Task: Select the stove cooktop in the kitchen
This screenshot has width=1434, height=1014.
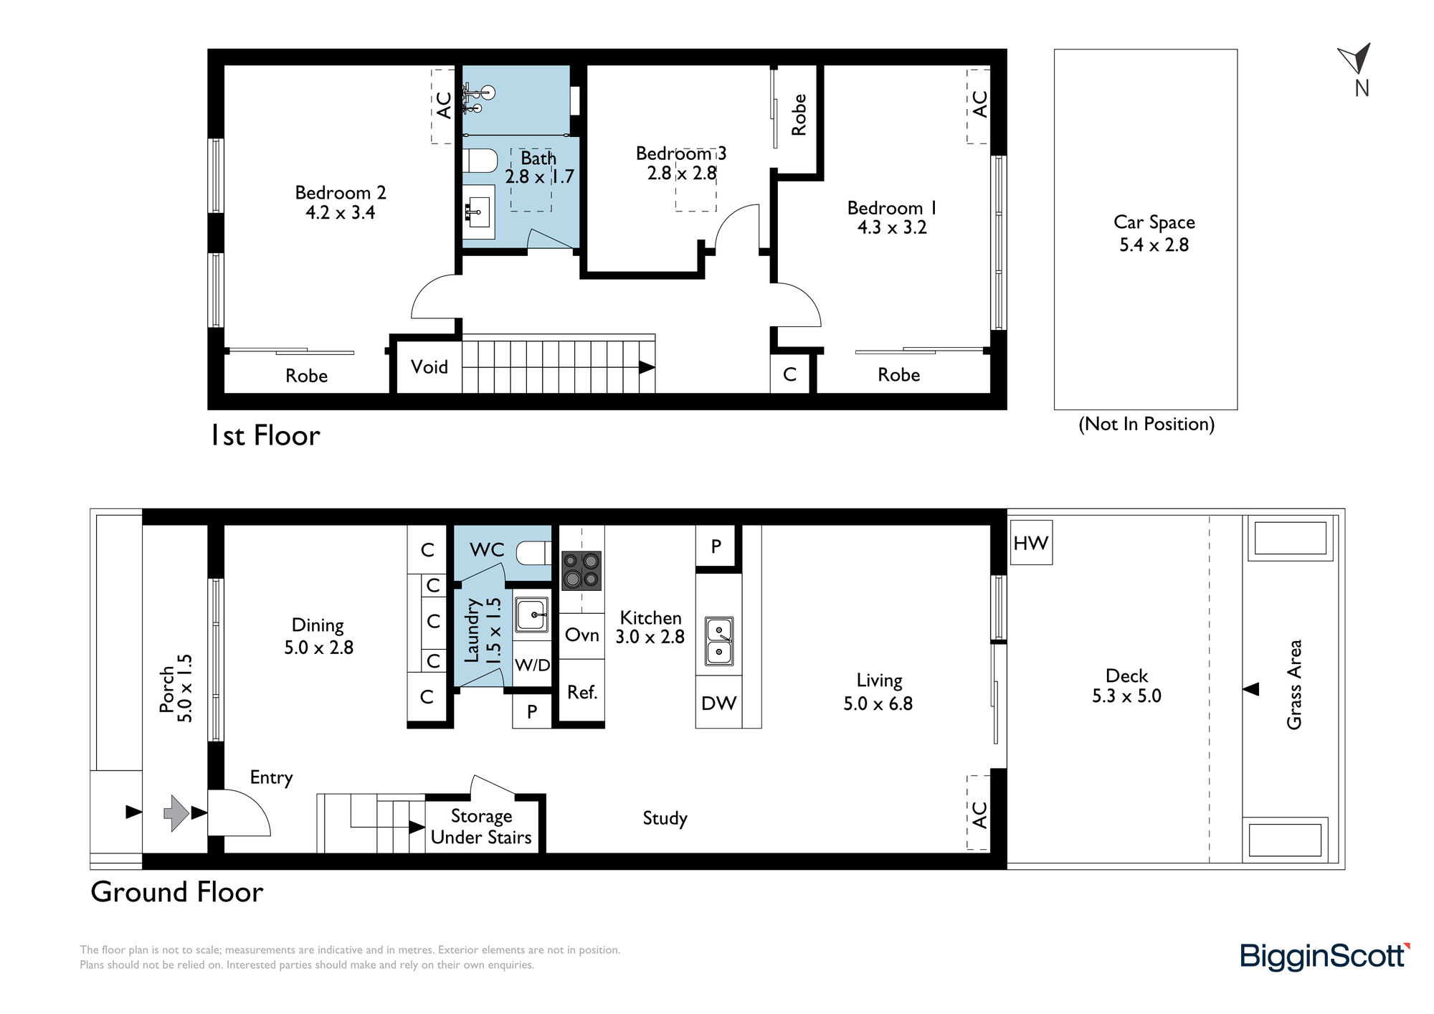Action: click(x=581, y=570)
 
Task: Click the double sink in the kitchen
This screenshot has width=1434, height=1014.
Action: click(x=718, y=640)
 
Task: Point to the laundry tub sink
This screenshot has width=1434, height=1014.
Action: click(x=531, y=615)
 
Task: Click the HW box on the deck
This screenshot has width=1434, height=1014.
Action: click(x=1031, y=543)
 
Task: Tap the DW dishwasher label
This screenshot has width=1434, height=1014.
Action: click(x=718, y=703)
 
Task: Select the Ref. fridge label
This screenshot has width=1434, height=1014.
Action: click(x=582, y=692)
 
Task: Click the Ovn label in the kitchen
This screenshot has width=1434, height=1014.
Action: click(x=581, y=635)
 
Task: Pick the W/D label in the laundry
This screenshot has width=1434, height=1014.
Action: click(x=533, y=665)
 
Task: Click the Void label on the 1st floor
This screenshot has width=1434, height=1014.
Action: click(x=429, y=366)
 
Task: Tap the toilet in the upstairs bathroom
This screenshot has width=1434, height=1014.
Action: click(x=480, y=161)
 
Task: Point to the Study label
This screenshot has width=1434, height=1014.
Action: click(x=665, y=818)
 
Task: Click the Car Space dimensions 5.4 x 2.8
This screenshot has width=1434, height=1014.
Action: click(x=1154, y=245)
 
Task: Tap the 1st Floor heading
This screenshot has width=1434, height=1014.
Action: click(x=265, y=435)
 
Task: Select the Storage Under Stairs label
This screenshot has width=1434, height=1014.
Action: click(x=481, y=826)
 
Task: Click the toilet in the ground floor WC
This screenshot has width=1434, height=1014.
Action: click(x=534, y=553)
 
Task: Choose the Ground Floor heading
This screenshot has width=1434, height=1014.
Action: click(x=177, y=891)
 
